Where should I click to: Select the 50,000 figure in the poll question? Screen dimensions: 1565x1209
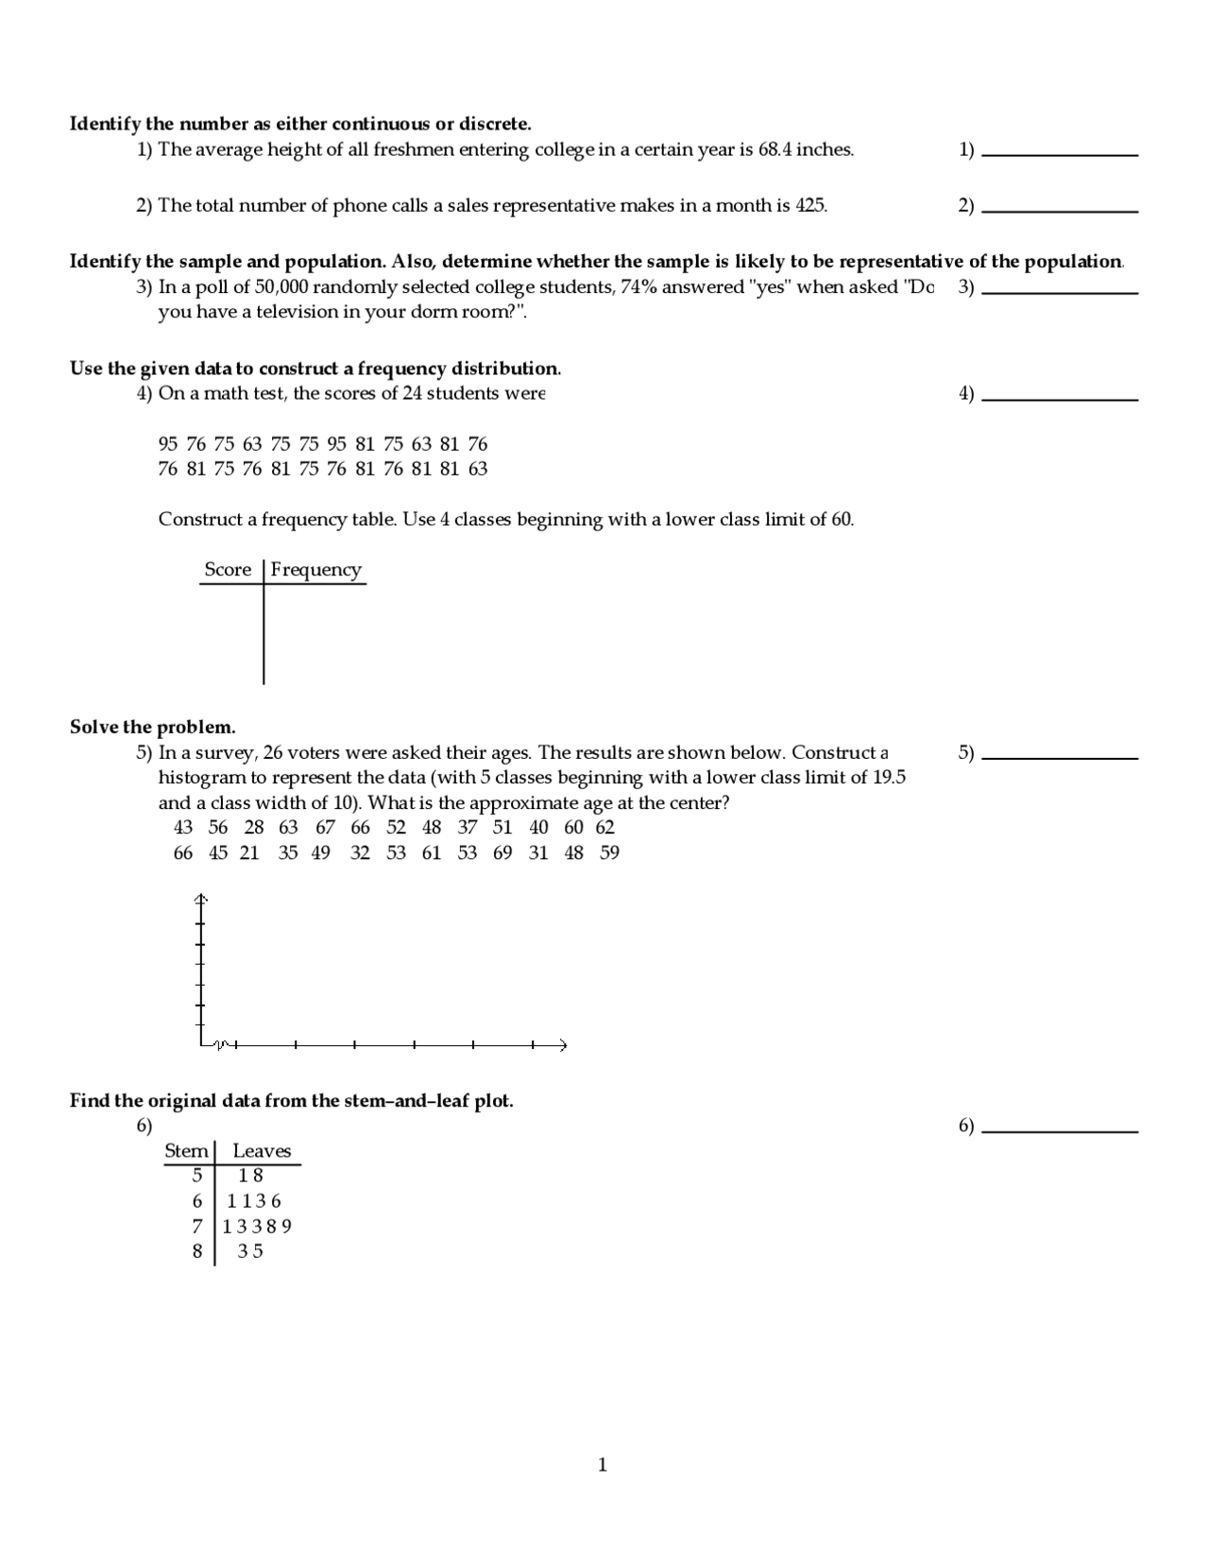pyautogui.click(x=281, y=287)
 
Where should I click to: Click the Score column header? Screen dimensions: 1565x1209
pyautogui.click(x=228, y=570)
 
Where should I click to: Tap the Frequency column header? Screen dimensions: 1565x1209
pyautogui.click(x=315, y=570)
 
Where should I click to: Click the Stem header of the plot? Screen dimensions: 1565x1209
pyautogui.click(x=186, y=1151)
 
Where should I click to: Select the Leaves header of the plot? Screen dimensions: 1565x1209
pyautogui.click(x=262, y=1151)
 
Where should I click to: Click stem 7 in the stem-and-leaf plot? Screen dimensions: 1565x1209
pyautogui.click(x=196, y=1227)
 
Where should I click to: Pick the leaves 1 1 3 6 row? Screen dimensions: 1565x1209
pyautogui.click(x=254, y=1202)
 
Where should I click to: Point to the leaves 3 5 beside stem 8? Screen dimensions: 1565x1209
pyautogui.click(x=250, y=1252)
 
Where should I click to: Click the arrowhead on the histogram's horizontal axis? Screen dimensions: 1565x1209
pyautogui.click(x=563, y=1045)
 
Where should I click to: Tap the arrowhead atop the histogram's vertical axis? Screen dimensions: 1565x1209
pyautogui.click(x=200, y=897)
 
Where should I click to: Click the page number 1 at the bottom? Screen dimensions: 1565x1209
pyautogui.click(x=603, y=1466)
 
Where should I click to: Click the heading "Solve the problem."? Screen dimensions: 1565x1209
pyautogui.click(x=152, y=728)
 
